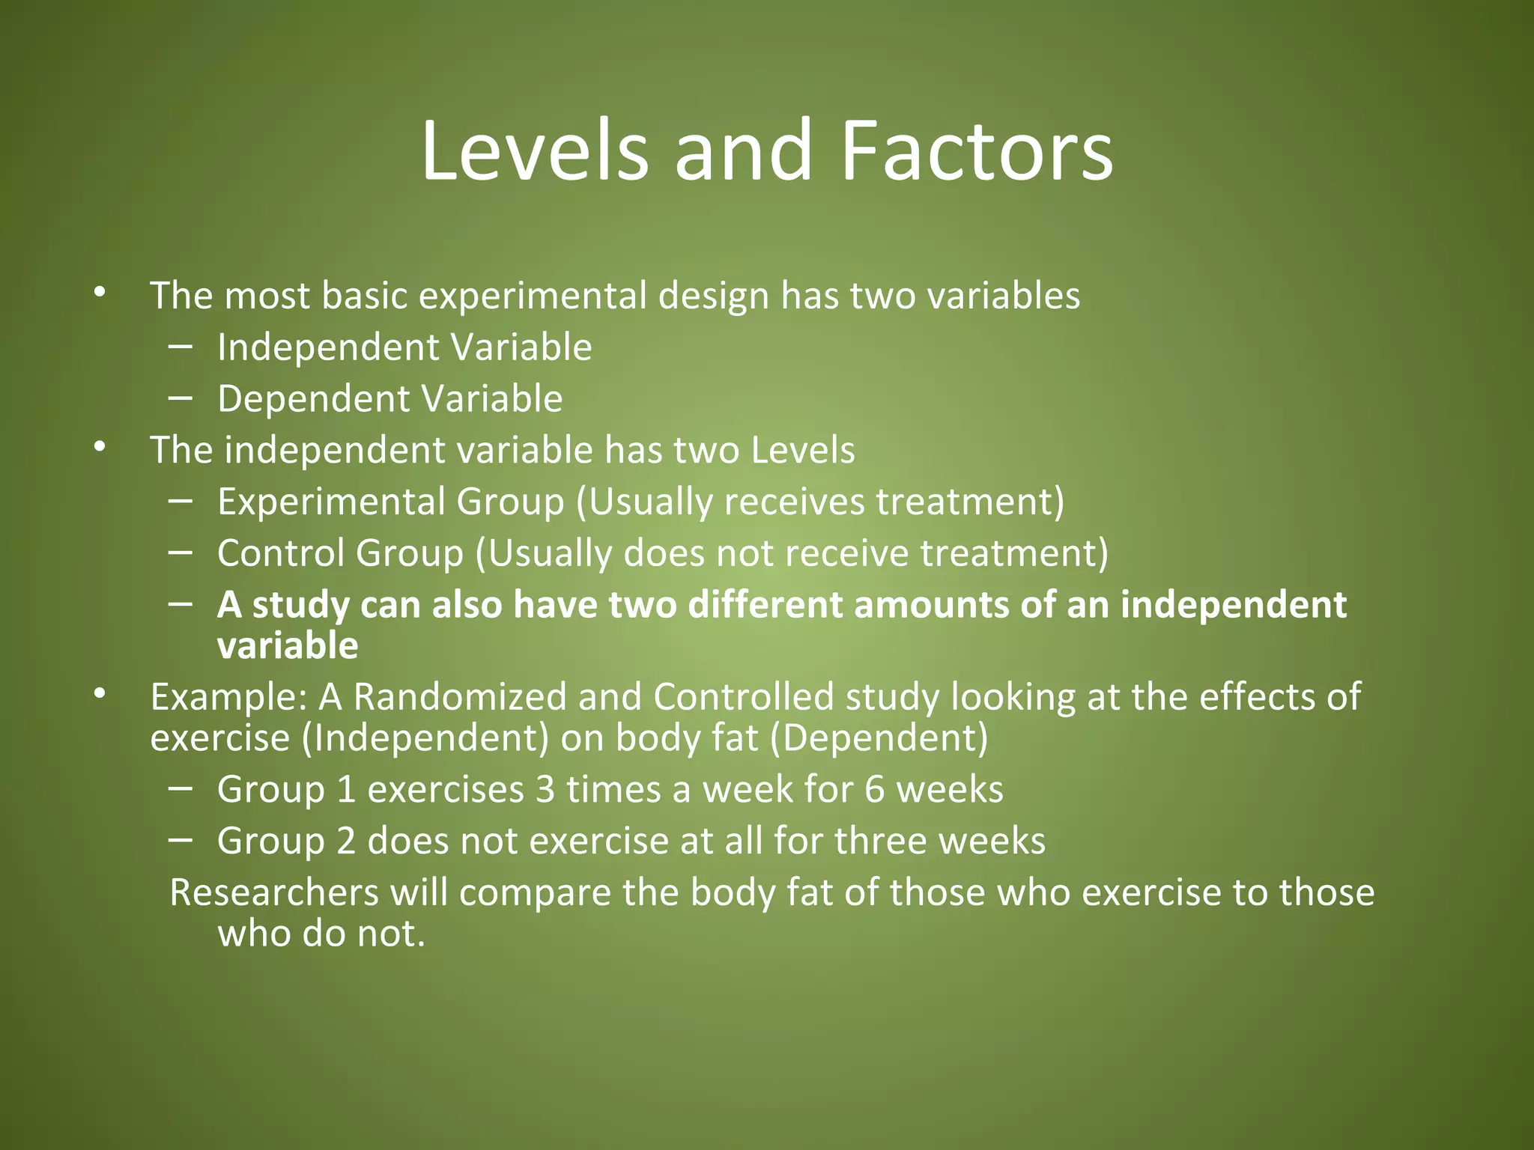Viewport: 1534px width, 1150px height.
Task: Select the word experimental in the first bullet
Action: [x=533, y=296]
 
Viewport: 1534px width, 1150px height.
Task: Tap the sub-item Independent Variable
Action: [x=404, y=348]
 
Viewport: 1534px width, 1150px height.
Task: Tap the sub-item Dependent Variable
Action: [x=389, y=399]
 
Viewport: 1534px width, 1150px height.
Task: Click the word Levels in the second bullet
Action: [x=802, y=451]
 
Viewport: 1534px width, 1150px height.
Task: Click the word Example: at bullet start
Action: [x=229, y=698]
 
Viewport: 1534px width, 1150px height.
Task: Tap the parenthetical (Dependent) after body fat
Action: [x=879, y=738]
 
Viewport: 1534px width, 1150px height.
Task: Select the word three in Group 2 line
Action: [x=881, y=842]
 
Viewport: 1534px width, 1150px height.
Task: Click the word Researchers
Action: [x=274, y=893]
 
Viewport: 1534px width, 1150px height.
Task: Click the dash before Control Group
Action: [x=181, y=553]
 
